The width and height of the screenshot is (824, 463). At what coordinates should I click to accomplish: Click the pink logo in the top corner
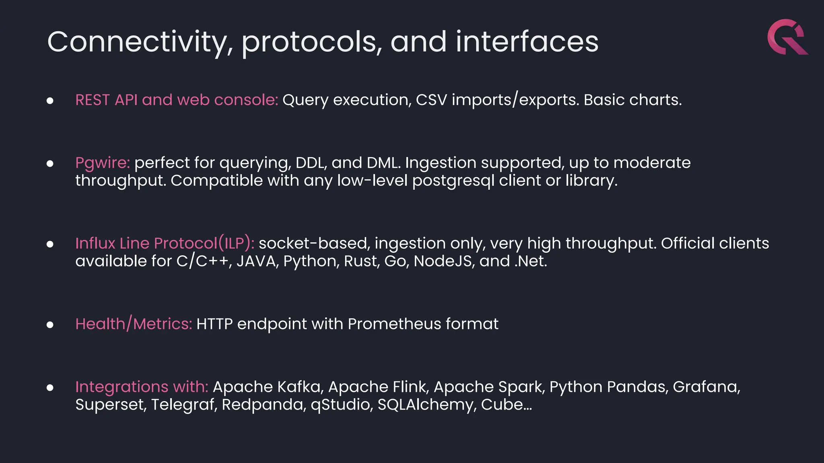pos(787,37)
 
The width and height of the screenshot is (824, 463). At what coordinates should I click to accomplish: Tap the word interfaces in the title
pos(527,42)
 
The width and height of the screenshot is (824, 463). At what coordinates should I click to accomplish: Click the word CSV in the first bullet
pos(431,100)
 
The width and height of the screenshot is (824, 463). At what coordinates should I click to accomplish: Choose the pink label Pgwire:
pos(103,163)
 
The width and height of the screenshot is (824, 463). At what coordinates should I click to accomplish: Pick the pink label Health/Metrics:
pos(134,324)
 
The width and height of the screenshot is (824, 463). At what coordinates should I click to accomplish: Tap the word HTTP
pos(214,324)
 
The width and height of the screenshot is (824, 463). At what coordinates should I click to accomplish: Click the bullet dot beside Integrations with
pos(50,388)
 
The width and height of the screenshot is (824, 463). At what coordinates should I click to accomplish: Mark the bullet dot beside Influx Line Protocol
pos(50,244)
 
